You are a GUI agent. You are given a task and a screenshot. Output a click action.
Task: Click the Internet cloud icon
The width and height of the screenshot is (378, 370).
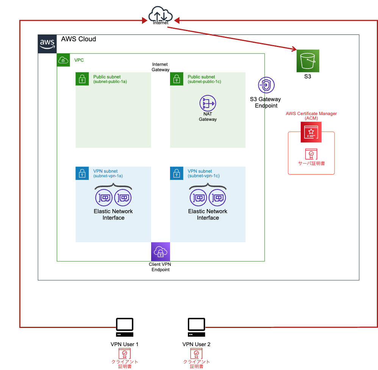[161, 14]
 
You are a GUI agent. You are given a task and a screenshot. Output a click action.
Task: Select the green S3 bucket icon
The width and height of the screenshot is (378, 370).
[308, 61]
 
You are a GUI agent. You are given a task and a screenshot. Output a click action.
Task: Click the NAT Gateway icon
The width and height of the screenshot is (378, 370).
[208, 103]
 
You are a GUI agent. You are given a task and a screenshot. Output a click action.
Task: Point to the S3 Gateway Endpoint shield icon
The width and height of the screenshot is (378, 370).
[266, 86]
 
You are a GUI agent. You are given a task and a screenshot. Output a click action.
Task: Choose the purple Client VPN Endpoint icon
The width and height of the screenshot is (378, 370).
[161, 251]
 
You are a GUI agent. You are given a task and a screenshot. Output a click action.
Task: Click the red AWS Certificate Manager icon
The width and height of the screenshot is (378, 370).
[311, 132]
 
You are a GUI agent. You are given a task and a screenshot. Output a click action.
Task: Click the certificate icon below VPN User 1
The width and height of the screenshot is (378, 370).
[124, 354]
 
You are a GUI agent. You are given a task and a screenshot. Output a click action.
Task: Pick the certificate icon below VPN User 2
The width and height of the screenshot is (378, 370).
[196, 354]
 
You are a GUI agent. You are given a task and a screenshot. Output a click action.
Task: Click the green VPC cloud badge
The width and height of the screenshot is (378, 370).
[63, 60]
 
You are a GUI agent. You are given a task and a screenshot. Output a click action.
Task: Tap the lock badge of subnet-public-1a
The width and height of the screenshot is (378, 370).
[82, 79]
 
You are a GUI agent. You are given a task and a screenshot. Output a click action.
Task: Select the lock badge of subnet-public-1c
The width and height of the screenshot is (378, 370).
[176, 79]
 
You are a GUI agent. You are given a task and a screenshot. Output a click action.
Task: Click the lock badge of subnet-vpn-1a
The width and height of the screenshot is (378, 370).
[82, 173]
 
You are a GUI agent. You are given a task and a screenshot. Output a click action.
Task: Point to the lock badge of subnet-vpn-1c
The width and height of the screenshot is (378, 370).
[176, 173]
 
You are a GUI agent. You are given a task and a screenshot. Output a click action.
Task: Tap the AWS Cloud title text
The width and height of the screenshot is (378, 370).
[78, 39]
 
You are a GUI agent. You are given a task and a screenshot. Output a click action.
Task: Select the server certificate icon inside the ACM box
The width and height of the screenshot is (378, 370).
[311, 154]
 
